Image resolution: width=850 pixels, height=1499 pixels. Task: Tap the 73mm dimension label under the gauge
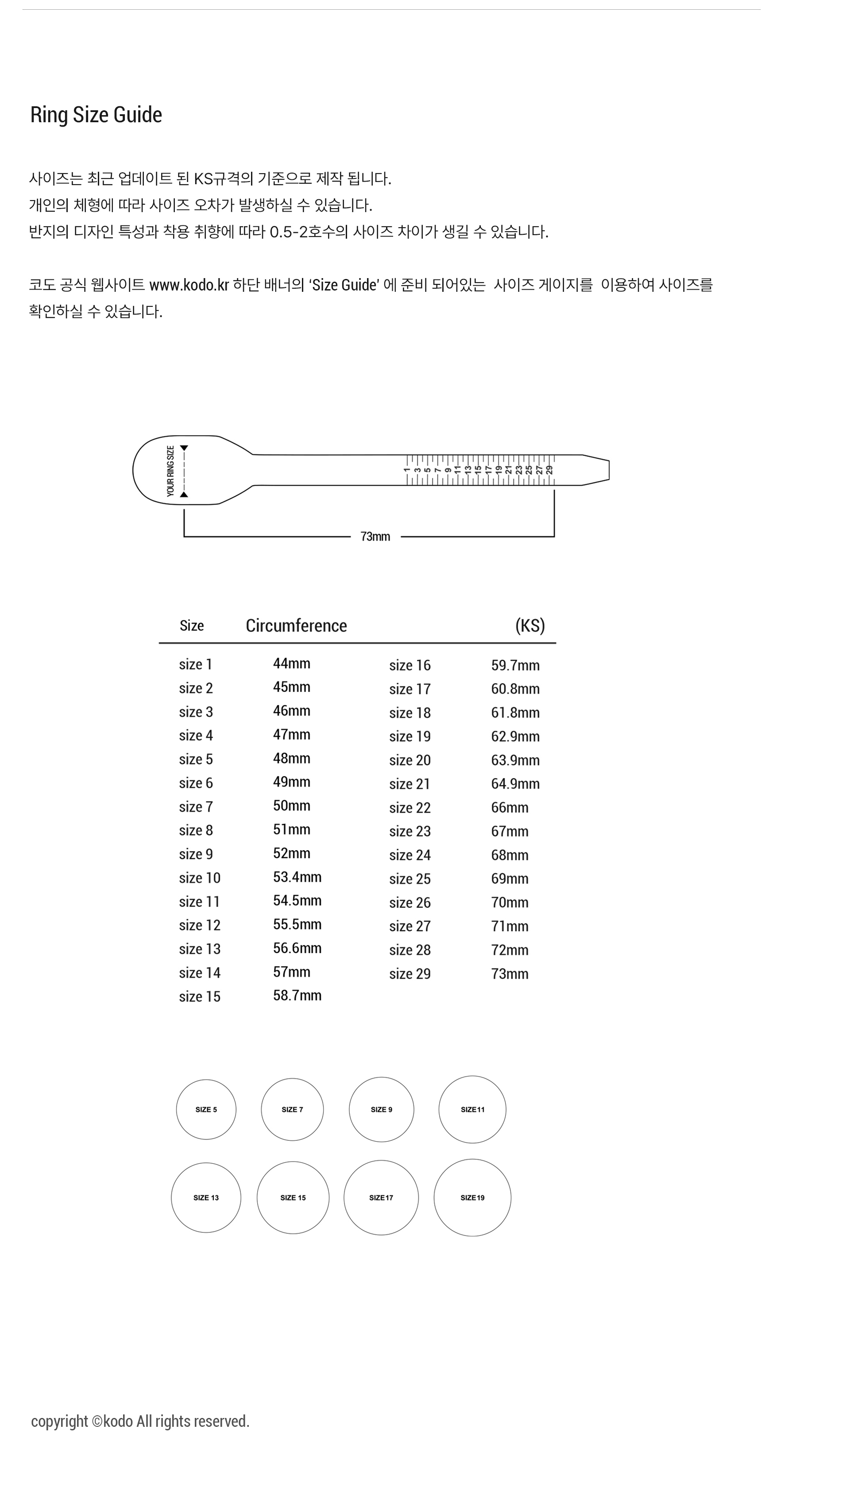[x=375, y=537]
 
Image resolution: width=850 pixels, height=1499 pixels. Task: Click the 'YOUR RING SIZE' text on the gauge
[x=170, y=471]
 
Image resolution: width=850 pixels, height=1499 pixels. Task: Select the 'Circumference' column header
[x=296, y=625]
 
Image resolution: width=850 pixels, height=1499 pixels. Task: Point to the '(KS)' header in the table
[x=530, y=625]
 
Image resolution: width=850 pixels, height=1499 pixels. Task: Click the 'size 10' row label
[x=200, y=878]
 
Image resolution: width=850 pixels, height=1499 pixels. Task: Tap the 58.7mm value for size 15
[x=297, y=995]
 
